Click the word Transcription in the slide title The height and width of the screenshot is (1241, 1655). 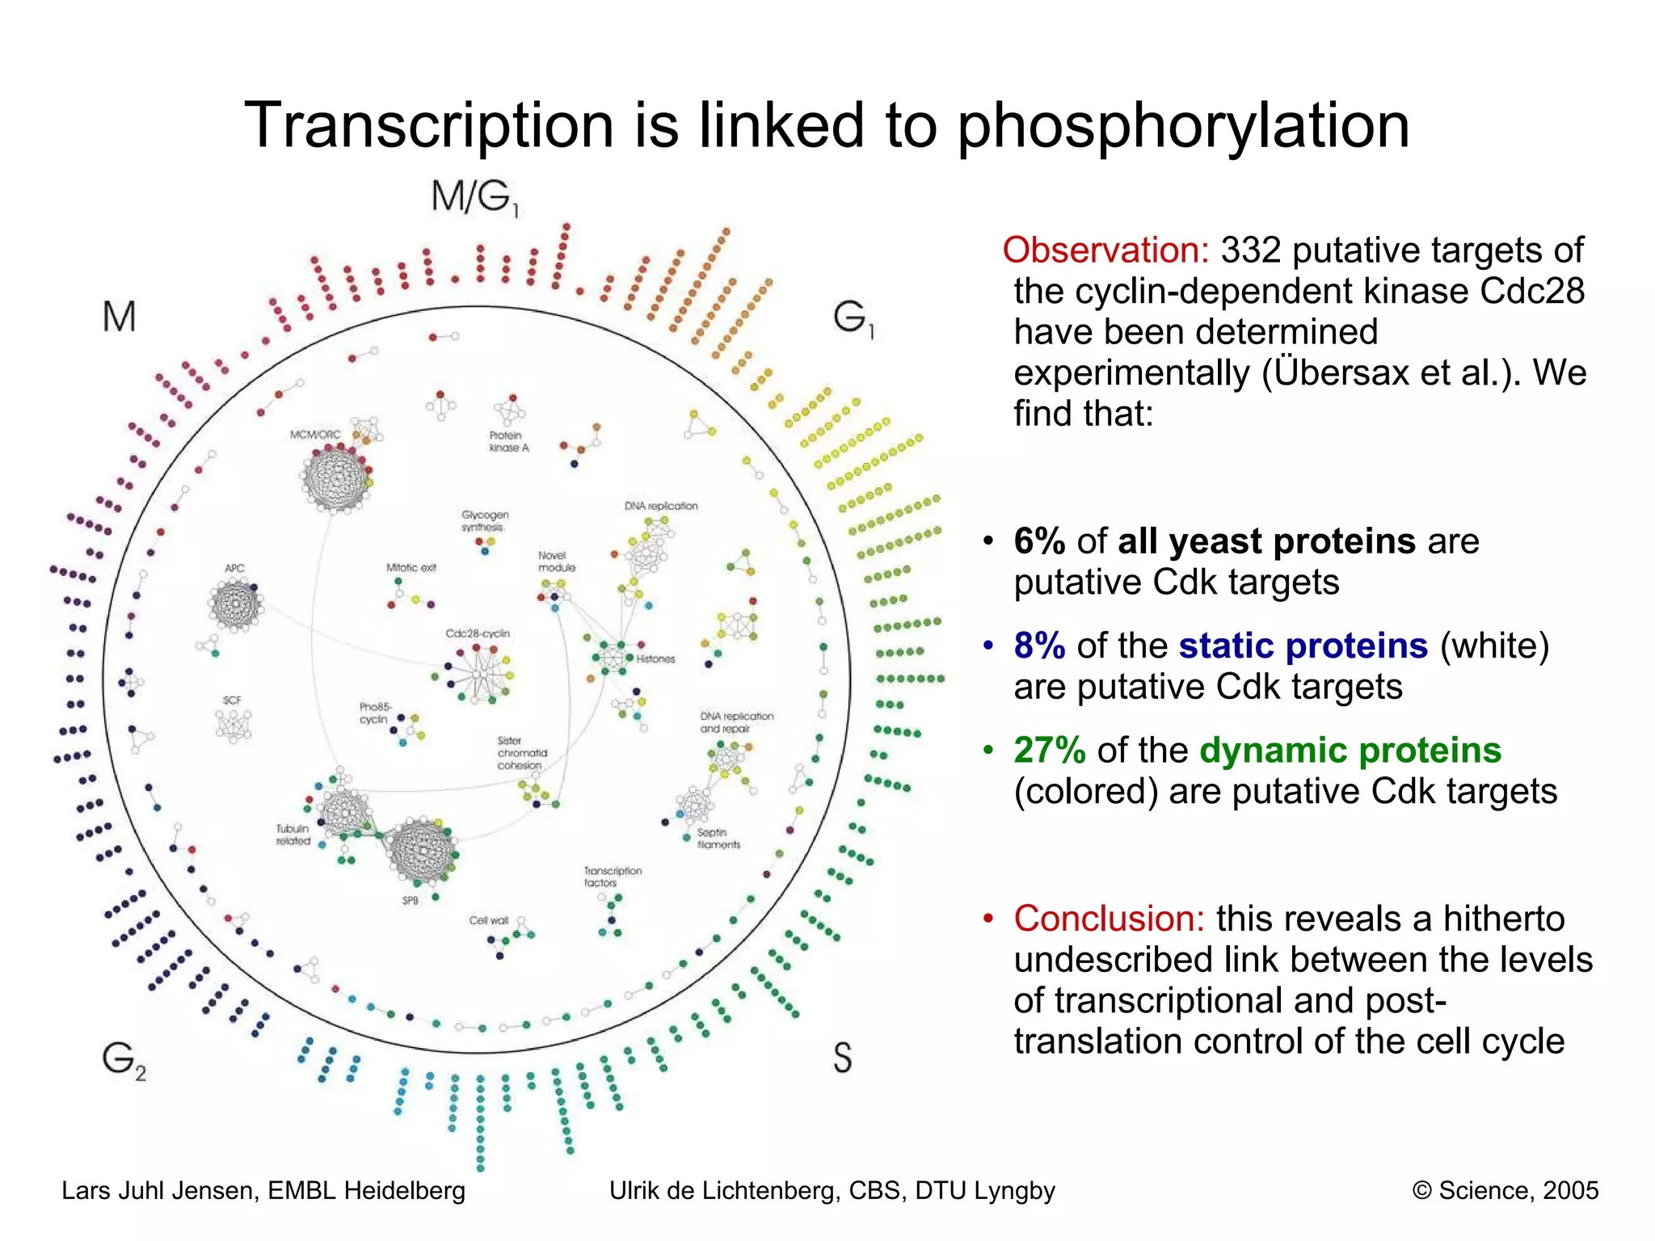pos(428,126)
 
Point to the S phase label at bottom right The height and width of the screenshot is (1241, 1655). pos(842,1057)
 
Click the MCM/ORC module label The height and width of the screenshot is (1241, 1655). pos(315,435)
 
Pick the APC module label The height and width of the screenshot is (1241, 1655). pos(234,568)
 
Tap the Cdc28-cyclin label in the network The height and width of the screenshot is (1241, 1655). pos(478,633)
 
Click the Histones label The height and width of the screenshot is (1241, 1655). pos(655,659)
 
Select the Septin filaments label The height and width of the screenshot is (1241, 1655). pos(718,838)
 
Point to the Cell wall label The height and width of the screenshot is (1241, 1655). pos(489,920)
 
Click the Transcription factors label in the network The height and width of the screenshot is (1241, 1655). pos(613,877)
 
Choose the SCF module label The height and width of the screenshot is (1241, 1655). pos(232,700)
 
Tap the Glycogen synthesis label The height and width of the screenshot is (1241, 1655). pos(485,520)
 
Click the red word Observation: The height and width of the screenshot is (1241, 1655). pos(1105,250)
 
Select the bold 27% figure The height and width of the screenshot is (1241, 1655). pos(1049,751)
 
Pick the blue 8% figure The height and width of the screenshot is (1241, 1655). pos(1039,646)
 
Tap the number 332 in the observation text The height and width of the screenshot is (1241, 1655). pos(1250,250)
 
